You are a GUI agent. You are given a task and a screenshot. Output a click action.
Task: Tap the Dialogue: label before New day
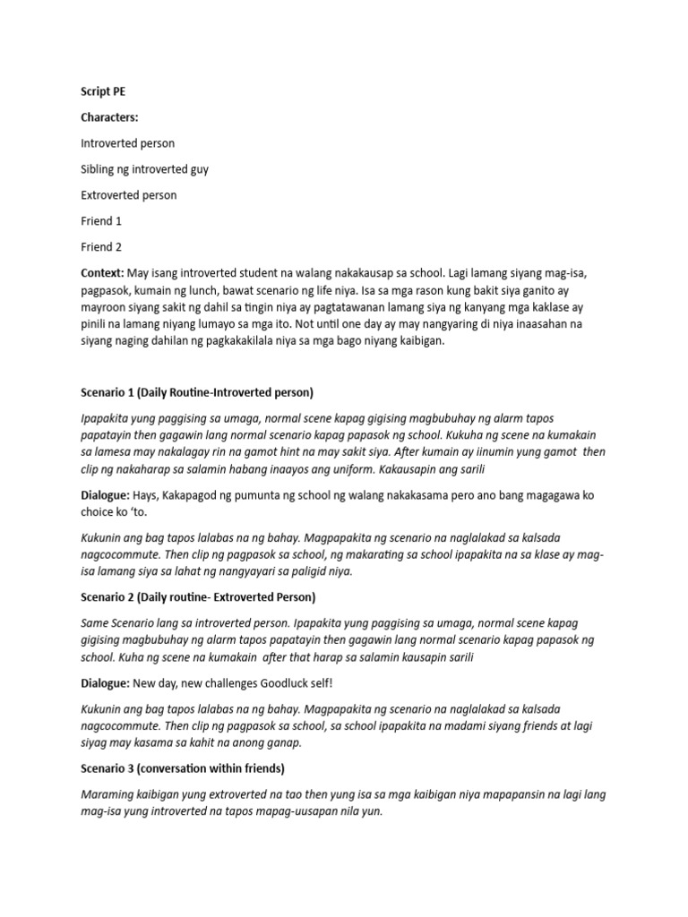[107, 683]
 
